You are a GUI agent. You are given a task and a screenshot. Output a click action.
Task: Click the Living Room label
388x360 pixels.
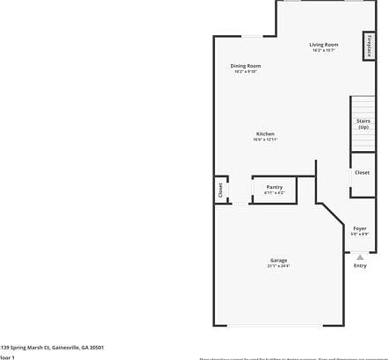[x=323, y=45]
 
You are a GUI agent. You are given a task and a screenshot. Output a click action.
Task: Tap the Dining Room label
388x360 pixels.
[x=245, y=66]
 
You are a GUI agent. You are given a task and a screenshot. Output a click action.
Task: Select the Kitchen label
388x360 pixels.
[x=265, y=134]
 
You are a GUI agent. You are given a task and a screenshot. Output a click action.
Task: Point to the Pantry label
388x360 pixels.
[x=275, y=187]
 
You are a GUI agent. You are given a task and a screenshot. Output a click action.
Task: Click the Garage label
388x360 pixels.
[x=278, y=261]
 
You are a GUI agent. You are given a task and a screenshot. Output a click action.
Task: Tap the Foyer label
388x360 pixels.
[x=360, y=228]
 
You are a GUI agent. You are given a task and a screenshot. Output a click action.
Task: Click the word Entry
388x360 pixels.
[x=360, y=265]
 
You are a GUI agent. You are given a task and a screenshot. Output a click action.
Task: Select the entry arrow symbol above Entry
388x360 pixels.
[x=360, y=256]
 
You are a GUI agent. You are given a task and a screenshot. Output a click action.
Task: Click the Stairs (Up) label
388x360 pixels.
[x=363, y=124]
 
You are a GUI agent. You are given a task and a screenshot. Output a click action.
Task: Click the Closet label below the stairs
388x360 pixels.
[x=362, y=172]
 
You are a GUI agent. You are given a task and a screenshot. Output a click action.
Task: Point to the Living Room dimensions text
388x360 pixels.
[x=323, y=50]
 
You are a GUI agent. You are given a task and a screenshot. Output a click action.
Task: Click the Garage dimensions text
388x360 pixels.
[x=278, y=266]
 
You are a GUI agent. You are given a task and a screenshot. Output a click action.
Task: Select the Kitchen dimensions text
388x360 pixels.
[x=265, y=140]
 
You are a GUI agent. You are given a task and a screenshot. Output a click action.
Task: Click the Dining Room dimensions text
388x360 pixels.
[x=245, y=71]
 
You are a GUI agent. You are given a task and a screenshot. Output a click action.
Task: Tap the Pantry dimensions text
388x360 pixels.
[x=275, y=192]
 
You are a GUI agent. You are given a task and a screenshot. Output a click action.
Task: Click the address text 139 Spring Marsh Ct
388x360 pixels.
[x=52, y=347]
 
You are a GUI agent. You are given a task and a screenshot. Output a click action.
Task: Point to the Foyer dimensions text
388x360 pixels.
[x=360, y=234]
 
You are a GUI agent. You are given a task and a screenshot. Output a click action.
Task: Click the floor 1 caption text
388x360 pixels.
[x=8, y=357]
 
